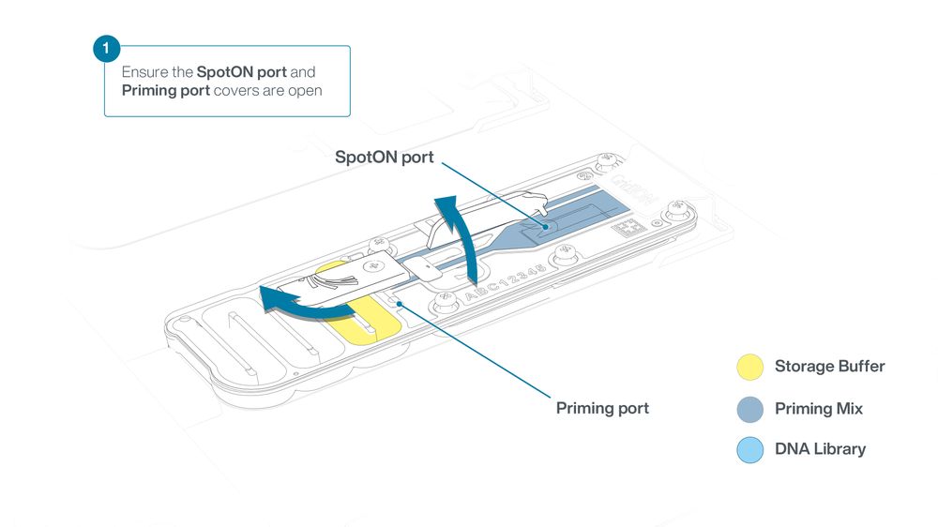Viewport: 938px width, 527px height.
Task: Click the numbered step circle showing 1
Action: click(107, 48)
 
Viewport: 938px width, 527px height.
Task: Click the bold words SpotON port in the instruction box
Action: click(242, 72)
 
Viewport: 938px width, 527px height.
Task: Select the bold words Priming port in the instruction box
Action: click(166, 91)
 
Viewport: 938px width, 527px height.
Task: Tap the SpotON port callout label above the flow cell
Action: click(384, 158)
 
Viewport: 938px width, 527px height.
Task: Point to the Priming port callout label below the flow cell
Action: click(602, 409)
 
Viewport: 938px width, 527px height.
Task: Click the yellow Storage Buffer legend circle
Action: click(749, 368)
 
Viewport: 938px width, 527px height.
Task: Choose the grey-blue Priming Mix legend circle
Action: click(749, 410)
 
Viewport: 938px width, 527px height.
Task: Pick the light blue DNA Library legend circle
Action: click(749, 450)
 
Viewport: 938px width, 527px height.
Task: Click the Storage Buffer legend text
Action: click(830, 366)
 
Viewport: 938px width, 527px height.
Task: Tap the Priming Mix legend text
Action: click(819, 409)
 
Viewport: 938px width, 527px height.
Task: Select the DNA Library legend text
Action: click(820, 448)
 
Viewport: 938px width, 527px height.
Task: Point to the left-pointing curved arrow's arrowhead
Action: click(270, 298)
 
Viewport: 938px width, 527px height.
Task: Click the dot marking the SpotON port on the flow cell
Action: click(545, 227)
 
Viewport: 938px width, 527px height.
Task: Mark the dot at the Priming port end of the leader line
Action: click(399, 304)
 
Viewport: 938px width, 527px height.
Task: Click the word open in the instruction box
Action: click(306, 92)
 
